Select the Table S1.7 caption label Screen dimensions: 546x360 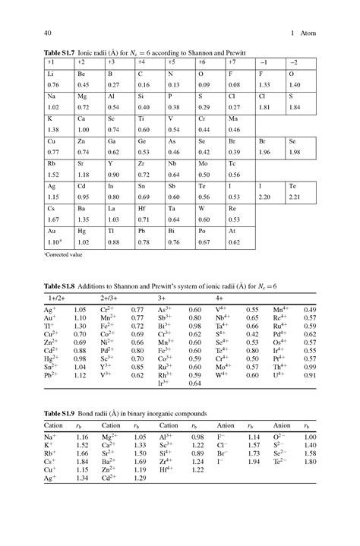click(42, 50)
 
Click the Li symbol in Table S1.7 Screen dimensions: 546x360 click(50, 74)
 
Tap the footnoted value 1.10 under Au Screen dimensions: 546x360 click(54, 241)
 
